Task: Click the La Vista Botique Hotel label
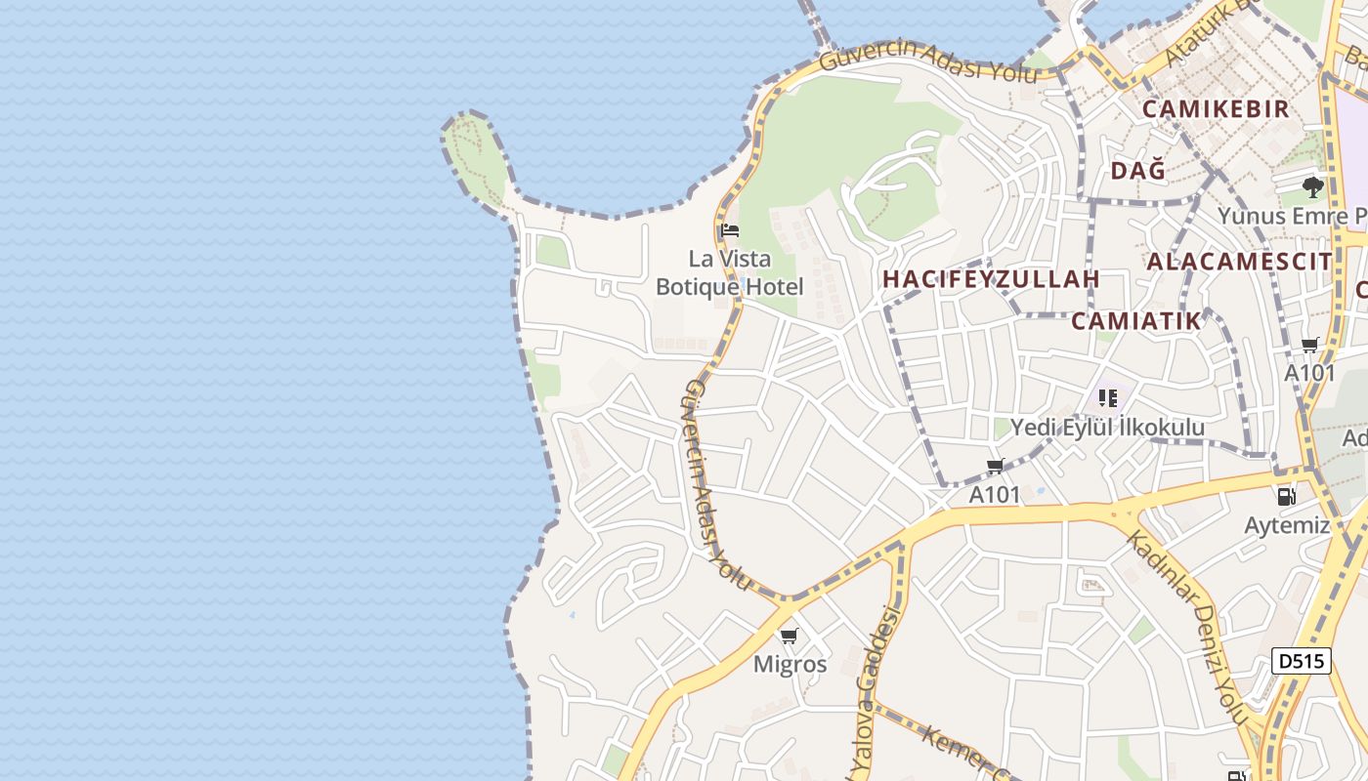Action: [730, 273]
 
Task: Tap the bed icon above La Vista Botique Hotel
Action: [729, 231]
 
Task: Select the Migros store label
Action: [790, 665]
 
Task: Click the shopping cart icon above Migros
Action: [789, 637]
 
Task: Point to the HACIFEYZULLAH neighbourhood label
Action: [991, 279]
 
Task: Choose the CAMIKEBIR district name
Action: [1216, 108]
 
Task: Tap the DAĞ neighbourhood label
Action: [1138, 171]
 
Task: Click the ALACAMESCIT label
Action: [1239, 262]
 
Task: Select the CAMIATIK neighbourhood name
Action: [1135, 321]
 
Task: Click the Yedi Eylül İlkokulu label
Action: [1107, 428]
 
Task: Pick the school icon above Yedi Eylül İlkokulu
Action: [1107, 398]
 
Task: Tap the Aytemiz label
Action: [1287, 525]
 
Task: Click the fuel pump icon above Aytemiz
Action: [1287, 497]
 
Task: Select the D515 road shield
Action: [1302, 661]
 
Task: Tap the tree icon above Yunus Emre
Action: [1313, 186]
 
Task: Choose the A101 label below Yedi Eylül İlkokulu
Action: [994, 495]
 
